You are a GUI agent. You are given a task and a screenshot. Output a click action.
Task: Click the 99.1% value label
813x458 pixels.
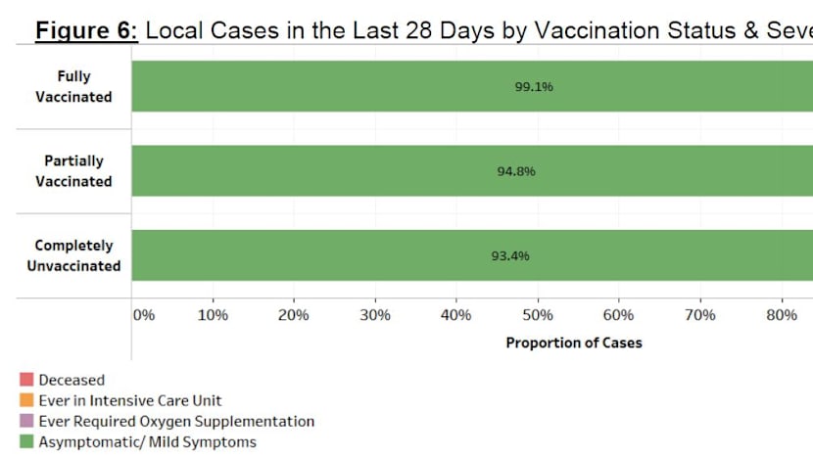[534, 87]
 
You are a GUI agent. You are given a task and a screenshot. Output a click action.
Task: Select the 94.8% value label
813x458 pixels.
[516, 171]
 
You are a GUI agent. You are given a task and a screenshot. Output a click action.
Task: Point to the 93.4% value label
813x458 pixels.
[510, 256]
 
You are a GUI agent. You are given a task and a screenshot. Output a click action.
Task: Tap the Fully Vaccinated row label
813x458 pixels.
[73, 87]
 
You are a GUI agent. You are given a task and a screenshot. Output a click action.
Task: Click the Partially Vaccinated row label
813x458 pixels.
[73, 171]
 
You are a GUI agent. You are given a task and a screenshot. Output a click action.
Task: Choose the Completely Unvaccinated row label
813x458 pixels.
[73, 255]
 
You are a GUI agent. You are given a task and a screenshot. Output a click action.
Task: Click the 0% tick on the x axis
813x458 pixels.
[144, 315]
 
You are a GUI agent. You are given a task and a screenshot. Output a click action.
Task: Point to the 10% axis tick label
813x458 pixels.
[213, 315]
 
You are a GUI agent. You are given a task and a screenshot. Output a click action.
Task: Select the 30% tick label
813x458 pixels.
[375, 315]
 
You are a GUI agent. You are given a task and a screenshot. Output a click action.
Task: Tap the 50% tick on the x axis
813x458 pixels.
[538, 315]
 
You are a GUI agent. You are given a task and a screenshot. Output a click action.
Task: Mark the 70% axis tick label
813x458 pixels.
[699, 315]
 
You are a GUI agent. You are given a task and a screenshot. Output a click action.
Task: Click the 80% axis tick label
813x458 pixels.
[781, 315]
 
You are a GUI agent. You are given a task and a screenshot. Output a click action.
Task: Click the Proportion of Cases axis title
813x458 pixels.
[574, 343]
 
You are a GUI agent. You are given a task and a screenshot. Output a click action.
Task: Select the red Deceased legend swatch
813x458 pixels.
[26, 380]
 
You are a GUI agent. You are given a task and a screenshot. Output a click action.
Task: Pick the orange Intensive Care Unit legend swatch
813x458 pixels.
[26, 400]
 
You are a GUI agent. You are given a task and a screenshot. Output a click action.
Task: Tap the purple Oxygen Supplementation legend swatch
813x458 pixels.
[26, 421]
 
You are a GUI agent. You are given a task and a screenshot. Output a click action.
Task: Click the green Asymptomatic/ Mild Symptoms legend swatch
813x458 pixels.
[26, 441]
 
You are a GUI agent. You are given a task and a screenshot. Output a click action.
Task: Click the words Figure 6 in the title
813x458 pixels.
[87, 29]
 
